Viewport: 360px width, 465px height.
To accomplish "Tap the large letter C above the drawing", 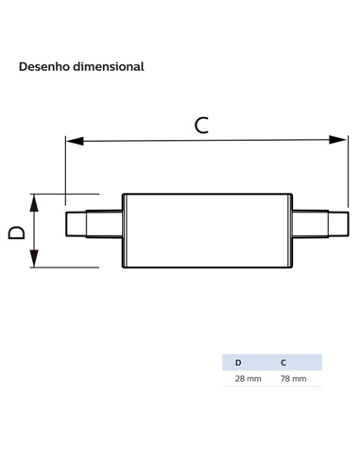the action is tap(201, 125).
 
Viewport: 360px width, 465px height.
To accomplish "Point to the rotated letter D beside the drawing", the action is tap(17, 232).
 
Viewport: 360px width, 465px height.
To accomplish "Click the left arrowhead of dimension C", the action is tap(75, 141).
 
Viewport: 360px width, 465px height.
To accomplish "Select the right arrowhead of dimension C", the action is tap(337, 140).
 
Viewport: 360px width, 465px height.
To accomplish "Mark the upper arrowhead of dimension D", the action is tap(34, 203).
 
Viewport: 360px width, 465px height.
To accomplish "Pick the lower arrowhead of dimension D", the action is tap(34, 258).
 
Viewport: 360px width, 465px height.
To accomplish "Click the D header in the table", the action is tap(238, 363).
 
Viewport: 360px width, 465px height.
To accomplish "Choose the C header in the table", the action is tap(283, 363).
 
